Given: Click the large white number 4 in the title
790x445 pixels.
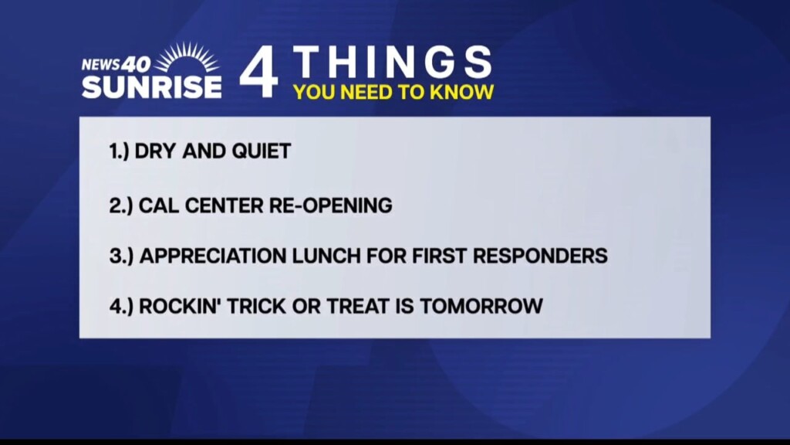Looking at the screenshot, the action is click(259, 72).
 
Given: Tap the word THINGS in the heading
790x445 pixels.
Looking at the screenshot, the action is click(393, 62).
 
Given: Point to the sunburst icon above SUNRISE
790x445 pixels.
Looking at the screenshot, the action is click(187, 57).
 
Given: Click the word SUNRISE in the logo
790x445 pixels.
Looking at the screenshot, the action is click(152, 87).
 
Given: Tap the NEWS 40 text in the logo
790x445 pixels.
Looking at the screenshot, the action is click(116, 64).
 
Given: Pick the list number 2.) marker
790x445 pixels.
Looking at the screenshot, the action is click(121, 206).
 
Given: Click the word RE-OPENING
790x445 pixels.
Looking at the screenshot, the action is click(330, 206).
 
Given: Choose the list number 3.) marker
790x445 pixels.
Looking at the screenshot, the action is click(121, 256).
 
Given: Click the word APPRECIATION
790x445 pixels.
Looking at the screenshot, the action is click(213, 256).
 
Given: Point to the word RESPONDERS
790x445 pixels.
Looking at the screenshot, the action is click(540, 256).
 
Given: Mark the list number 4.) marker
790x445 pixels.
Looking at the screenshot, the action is click(121, 306).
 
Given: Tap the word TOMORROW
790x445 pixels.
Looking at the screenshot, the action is click(481, 306).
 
